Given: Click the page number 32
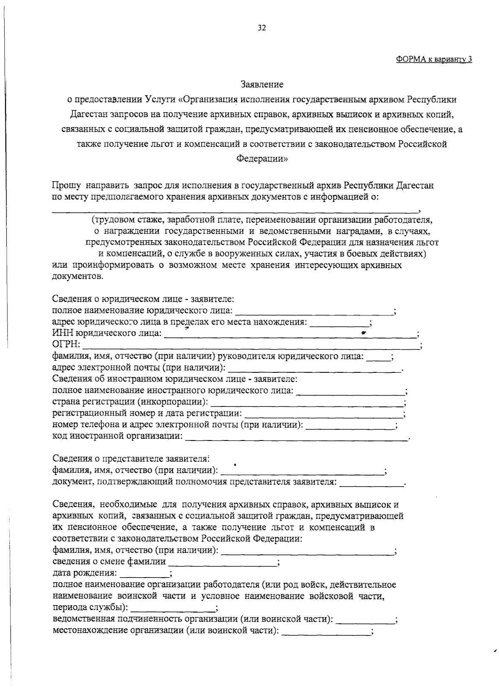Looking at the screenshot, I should click(x=262, y=28).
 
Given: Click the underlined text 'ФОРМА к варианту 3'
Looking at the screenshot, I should click(x=434, y=59).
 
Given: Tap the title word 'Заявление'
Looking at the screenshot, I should click(x=262, y=85).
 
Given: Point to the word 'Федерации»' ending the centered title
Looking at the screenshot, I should click(x=262, y=159).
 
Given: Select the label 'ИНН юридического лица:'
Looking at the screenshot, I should click(x=107, y=334).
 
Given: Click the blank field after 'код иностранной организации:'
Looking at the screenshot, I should click(x=296, y=438).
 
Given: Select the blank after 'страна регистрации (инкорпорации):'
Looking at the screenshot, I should click(x=307, y=403).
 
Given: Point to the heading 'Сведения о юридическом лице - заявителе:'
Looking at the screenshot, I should click(x=143, y=299).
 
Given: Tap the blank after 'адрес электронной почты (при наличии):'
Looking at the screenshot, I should click(x=315, y=369).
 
